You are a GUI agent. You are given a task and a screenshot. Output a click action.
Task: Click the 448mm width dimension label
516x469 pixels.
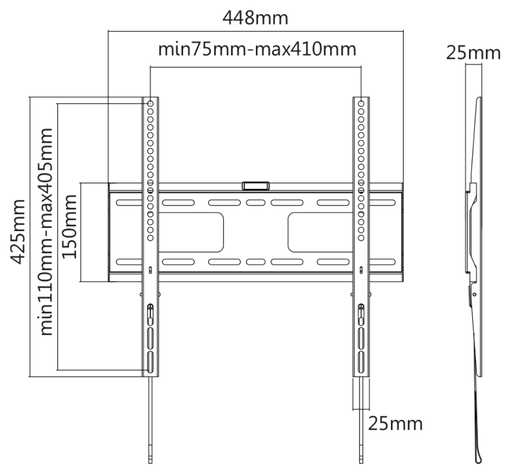click(x=255, y=18)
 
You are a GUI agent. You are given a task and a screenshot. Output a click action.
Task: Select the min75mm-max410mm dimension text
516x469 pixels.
click(x=257, y=50)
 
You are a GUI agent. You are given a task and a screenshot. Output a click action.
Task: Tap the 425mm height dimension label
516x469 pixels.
click(x=17, y=232)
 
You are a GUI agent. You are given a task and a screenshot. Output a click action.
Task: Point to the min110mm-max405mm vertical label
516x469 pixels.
click(x=46, y=232)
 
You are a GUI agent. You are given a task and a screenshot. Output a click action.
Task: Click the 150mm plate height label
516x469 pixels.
click(x=70, y=227)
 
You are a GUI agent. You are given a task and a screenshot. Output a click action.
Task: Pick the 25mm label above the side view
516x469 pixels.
click(x=473, y=54)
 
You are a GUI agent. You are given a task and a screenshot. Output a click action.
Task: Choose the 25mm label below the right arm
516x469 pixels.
click(x=395, y=424)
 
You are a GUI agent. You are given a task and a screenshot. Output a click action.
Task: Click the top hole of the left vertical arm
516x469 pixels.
click(x=150, y=103)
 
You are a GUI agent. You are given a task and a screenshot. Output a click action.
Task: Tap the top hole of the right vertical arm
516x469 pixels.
click(x=361, y=103)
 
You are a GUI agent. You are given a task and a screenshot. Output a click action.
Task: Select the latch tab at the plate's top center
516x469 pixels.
click(x=255, y=186)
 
